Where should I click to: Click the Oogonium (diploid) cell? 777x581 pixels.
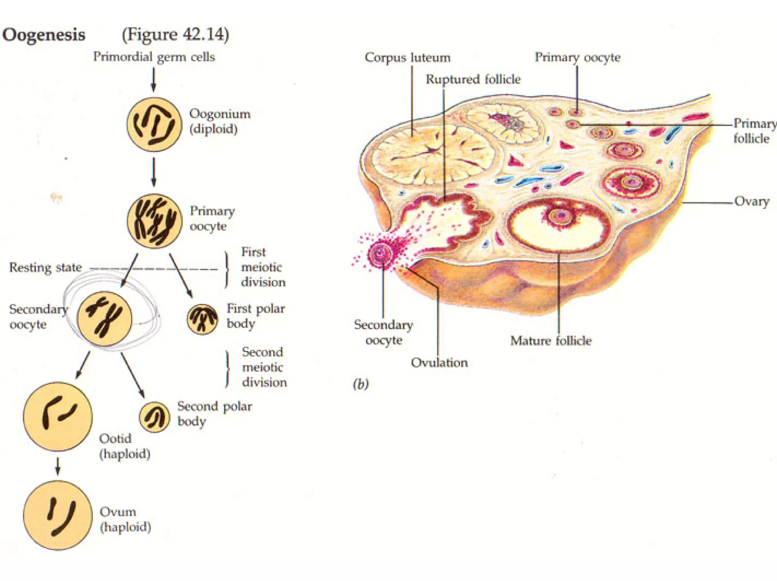[154, 124]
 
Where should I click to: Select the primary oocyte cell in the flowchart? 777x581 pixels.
[154, 221]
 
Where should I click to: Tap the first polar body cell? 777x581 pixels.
[202, 319]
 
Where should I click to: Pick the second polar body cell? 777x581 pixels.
[154, 417]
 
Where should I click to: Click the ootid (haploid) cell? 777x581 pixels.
[58, 416]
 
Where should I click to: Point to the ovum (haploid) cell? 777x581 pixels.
[58, 515]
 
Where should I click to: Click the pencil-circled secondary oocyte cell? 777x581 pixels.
[104, 318]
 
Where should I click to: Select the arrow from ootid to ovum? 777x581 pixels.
[58, 466]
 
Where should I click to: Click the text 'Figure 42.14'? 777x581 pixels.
[175, 35]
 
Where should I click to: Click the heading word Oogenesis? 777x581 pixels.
[44, 35]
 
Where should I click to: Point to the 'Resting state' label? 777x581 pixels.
[46, 268]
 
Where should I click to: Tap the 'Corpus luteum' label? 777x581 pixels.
[407, 58]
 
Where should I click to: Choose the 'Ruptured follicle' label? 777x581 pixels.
[473, 79]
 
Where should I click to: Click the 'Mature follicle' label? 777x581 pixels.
[551, 341]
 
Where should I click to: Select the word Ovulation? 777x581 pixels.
[439, 363]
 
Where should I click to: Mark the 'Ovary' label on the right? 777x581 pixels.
[752, 201]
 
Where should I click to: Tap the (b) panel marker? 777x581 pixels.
[360, 384]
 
